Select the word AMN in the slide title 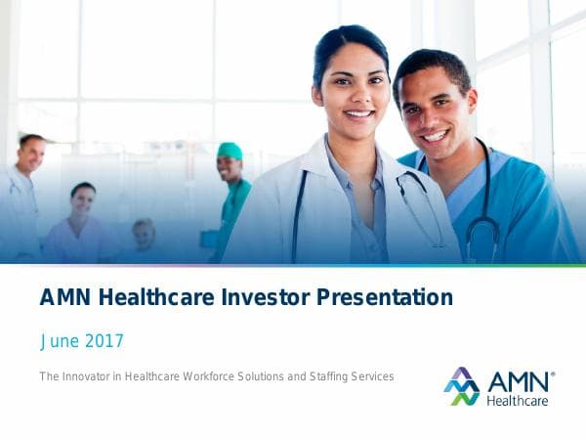pyautogui.click(x=62, y=297)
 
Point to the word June pyautogui.click(x=57, y=341)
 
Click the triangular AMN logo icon pyautogui.click(x=461, y=386)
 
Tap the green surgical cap pyautogui.click(x=230, y=151)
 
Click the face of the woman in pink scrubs pyautogui.click(x=83, y=200)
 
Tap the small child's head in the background pyautogui.click(x=144, y=233)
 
